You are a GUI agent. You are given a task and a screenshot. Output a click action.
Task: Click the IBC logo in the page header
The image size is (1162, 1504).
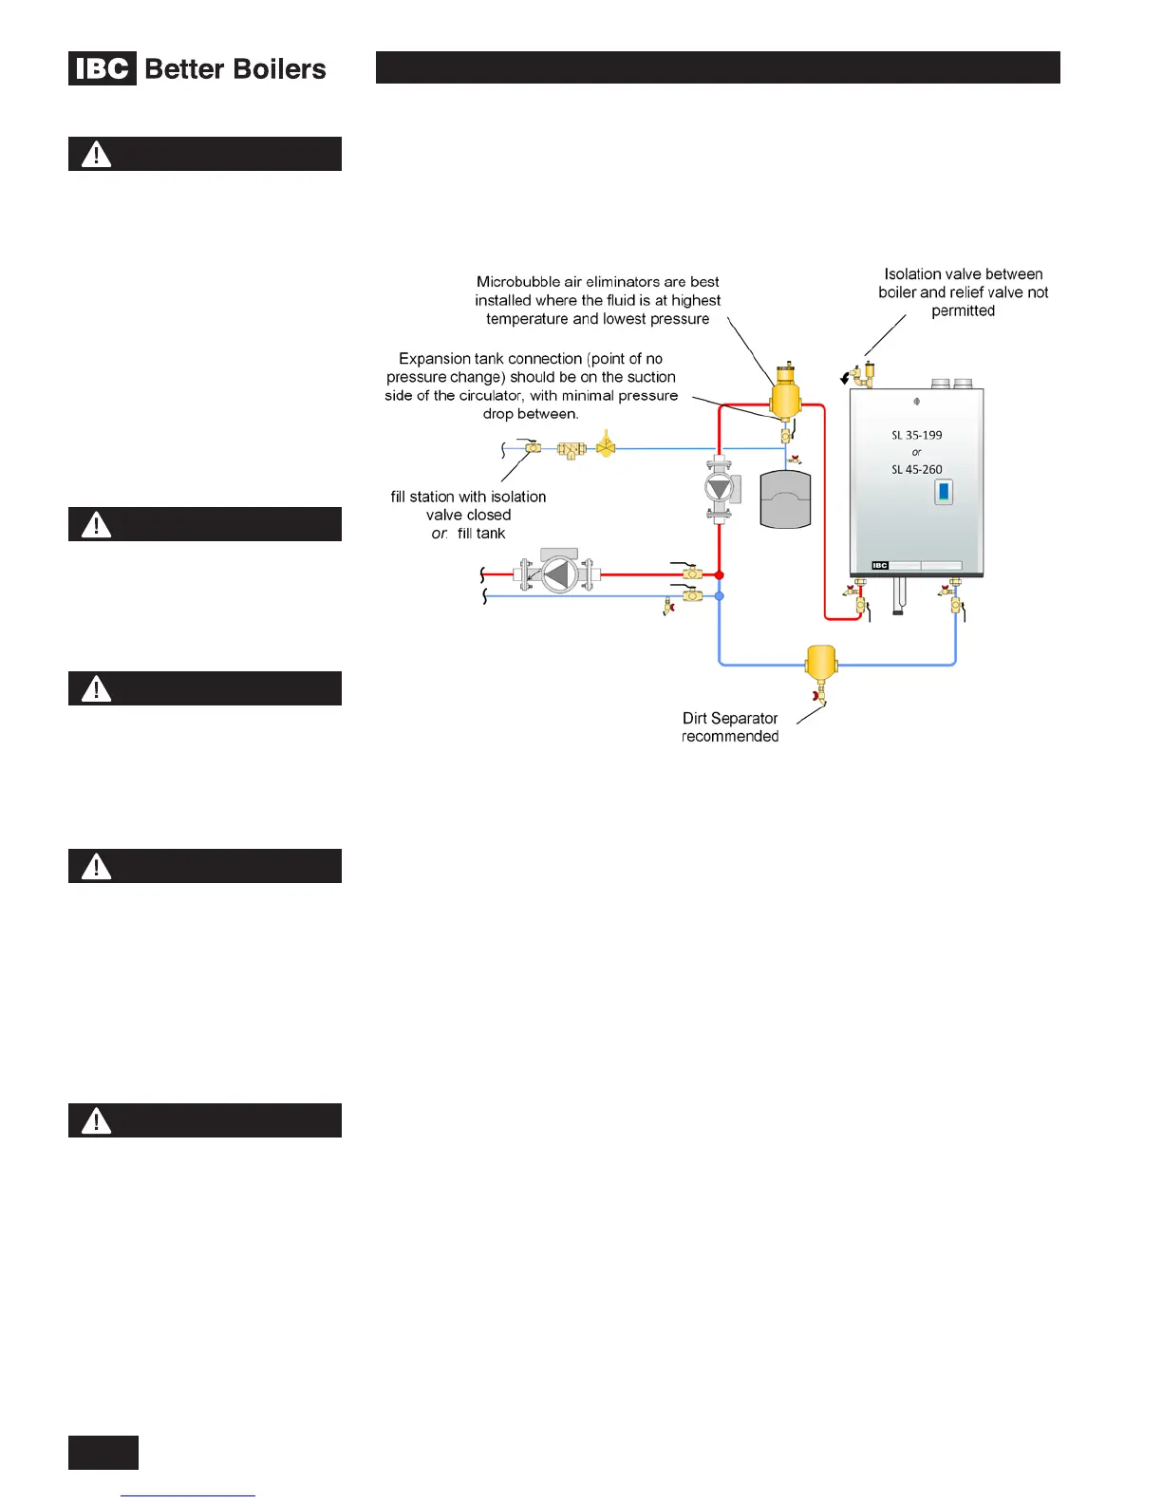tap(103, 69)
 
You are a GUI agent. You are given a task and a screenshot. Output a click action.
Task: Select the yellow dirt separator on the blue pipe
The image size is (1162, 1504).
tap(820, 662)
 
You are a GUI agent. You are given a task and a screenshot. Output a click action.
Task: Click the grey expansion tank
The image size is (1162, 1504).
tap(785, 499)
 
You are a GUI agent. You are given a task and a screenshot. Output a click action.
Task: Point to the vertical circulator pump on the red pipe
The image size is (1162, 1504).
tap(720, 489)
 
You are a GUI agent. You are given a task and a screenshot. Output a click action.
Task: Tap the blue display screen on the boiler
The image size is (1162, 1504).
tap(944, 492)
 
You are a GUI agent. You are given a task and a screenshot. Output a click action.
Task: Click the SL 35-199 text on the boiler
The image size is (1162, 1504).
tap(916, 435)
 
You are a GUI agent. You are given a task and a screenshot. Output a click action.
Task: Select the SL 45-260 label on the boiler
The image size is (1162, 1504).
tap(916, 469)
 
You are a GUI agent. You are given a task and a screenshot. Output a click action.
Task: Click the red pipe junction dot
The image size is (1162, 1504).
tap(720, 575)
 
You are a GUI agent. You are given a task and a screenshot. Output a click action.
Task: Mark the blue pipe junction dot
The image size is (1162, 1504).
tap(720, 596)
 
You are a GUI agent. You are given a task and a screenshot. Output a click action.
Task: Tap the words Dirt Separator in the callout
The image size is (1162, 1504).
tap(729, 718)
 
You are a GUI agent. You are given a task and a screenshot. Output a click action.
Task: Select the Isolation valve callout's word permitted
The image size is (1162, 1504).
tap(963, 310)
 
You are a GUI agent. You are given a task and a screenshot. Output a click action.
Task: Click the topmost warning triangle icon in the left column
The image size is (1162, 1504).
tap(96, 154)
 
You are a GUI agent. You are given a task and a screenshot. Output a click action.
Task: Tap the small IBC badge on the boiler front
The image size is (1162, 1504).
tap(880, 566)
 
